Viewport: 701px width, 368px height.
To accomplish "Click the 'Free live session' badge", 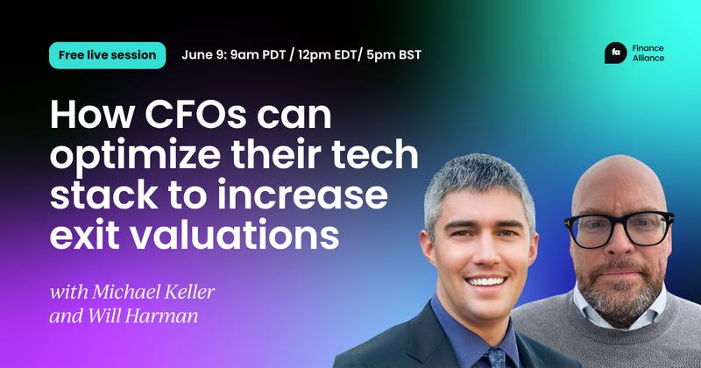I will (x=108, y=54).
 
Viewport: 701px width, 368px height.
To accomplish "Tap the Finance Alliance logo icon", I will (x=616, y=53).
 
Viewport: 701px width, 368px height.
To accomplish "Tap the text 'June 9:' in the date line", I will (x=206, y=54).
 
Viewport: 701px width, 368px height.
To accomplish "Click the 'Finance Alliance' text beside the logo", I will (x=651, y=53).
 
